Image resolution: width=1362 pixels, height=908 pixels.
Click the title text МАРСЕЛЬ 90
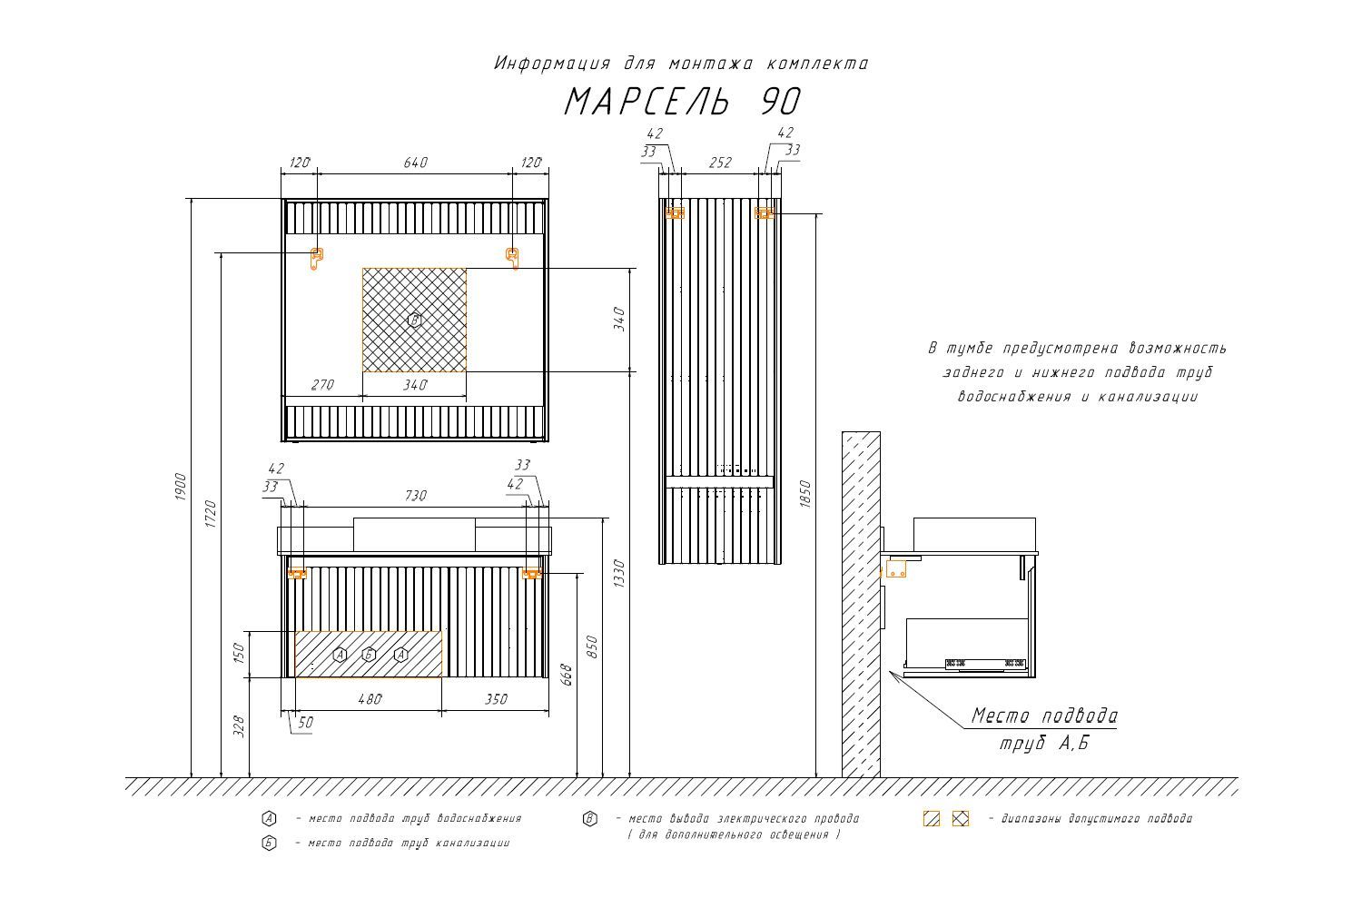click(x=683, y=102)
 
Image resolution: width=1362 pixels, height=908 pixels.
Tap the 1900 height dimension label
click(x=181, y=487)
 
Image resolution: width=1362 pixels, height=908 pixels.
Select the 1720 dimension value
click(x=211, y=513)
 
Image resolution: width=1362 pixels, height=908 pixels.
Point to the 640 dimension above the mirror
click(x=415, y=163)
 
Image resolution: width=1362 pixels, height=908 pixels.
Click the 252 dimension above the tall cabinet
click(x=720, y=163)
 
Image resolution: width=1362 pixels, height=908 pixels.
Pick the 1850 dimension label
click(x=805, y=494)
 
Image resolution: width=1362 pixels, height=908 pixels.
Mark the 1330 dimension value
click(x=619, y=573)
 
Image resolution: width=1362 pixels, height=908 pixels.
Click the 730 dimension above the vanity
click(x=415, y=496)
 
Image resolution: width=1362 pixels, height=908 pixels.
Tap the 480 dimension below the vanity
click(x=370, y=699)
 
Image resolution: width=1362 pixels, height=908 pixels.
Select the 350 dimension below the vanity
click(x=496, y=699)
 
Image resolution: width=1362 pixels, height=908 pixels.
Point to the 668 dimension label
click(x=567, y=674)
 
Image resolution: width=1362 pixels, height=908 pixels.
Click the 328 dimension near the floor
click(x=239, y=726)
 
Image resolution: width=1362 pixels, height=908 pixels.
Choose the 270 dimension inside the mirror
click(x=322, y=385)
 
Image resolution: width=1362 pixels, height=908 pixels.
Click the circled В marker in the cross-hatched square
click(x=414, y=320)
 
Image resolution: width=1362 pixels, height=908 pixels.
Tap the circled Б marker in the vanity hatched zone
click(x=369, y=655)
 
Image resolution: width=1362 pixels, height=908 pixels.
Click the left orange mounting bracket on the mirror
click(x=316, y=258)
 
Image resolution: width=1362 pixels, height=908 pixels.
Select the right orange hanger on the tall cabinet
click(x=765, y=212)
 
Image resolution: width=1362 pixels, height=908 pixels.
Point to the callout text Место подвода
click(x=1044, y=716)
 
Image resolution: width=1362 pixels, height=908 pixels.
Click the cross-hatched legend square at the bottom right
click(x=961, y=819)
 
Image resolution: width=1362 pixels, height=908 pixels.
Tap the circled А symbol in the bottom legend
click(x=269, y=819)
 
